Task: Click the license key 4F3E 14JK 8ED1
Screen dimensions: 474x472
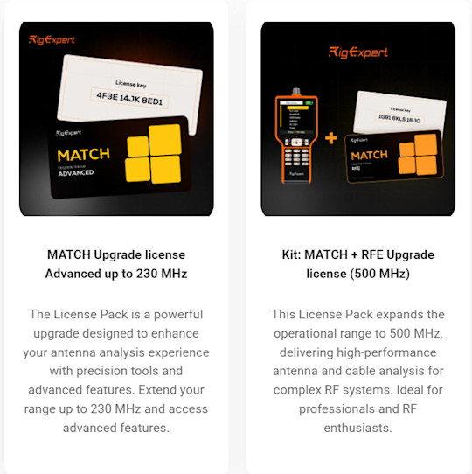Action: (x=116, y=94)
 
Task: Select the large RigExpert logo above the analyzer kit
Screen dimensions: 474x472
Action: (x=358, y=52)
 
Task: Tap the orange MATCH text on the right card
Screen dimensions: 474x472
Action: (x=370, y=155)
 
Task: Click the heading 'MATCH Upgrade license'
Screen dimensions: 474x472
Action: (x=116, y=254)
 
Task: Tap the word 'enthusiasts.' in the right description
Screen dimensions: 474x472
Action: (x=358, y=428)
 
